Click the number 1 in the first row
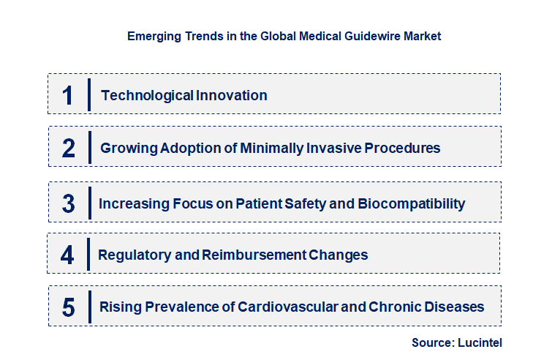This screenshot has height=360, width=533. point(68,95)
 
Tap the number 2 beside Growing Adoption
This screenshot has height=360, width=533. point(68,148)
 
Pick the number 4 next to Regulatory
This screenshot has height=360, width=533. point(68,255)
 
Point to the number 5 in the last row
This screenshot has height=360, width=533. point(68,307)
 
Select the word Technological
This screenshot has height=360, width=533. point(147,95)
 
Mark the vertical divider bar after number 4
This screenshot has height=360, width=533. point(88,255)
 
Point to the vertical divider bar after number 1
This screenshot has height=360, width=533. point(88,95)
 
